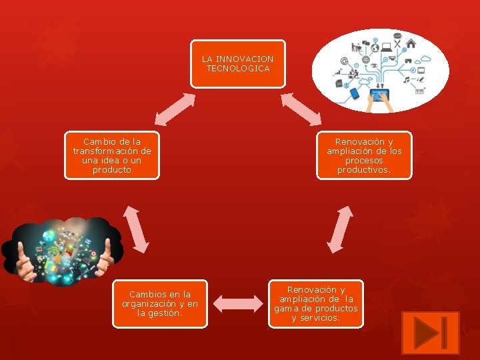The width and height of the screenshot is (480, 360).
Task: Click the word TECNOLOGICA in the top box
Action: click(x=238, y=69)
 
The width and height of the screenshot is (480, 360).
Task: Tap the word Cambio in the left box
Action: click(x=97, y=142)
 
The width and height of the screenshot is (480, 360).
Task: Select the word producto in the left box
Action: click(x=112, y=170)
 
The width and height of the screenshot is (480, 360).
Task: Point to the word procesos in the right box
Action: click(x=364, y=161)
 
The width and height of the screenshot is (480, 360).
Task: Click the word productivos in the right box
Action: click(x=364, y=170)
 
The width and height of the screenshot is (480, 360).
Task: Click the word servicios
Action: click(x=321, y=318)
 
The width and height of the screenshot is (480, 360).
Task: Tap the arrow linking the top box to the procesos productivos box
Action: click(x=301, y=109)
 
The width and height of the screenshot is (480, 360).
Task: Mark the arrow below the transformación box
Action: click(x=135, y=229)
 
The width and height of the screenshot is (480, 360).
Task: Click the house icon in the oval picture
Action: click(x=411, y=43)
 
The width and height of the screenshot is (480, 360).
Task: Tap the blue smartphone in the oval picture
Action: click(x=355, y=94)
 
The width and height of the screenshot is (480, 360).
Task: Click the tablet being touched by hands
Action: click(x=380, y=98)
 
